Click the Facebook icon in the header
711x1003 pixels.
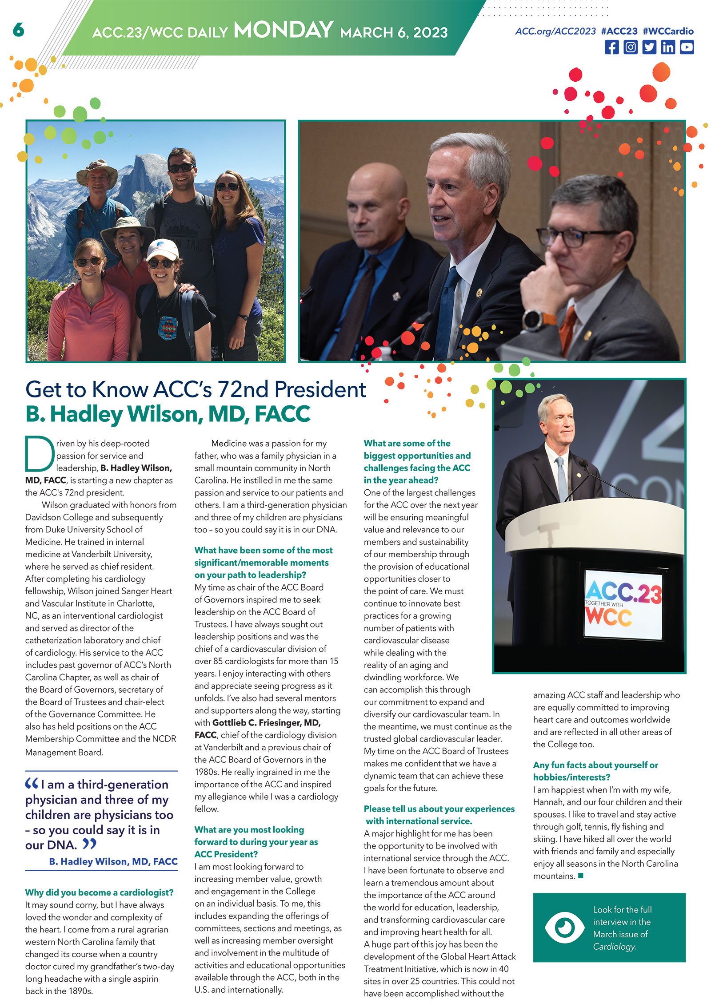click(611, 47)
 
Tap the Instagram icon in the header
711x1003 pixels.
click(630, 47)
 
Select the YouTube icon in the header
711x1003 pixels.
click(687, 47)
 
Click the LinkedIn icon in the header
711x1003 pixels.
click(667, 47)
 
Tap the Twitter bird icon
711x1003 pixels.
click(649, 47)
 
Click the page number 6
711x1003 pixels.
click(18, 30)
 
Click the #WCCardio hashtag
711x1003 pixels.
click(667, 31)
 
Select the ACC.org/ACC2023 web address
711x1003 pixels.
click(555, 31)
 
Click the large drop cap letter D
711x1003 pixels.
click(39, 453)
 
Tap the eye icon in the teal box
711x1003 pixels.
click(564, 927)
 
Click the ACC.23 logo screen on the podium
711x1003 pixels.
click(623, 604)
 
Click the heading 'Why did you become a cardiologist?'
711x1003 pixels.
click(99, 892)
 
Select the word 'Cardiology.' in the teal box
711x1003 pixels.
click(614, 947)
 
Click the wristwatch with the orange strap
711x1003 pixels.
click(533, 320)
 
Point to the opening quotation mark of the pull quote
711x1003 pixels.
click(32, 784)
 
